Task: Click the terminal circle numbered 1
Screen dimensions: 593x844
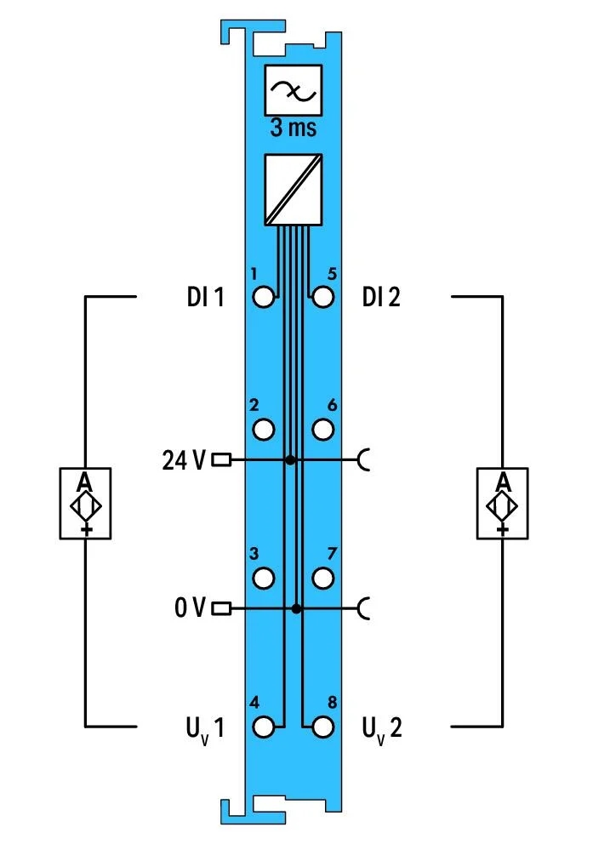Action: [263, 297]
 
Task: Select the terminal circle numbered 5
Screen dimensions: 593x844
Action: [322, 297]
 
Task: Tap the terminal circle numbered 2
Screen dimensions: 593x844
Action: [263, 430]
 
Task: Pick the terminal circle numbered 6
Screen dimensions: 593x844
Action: [322, 430]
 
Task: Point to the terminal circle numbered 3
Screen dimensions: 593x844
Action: [263, 578]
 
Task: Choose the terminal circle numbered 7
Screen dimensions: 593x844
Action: [322, 578]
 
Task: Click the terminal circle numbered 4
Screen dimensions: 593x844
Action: [263, 727]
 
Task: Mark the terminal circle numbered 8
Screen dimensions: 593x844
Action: [322, 727]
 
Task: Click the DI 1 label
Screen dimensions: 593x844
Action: [205, 297]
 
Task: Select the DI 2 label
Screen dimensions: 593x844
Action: [381, 297]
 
